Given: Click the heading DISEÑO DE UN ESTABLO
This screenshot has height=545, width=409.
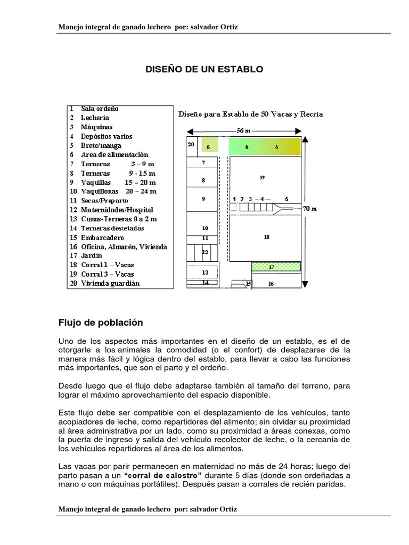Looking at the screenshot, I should click(204, 69).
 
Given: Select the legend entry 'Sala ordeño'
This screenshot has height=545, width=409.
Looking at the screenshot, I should click(100, 109).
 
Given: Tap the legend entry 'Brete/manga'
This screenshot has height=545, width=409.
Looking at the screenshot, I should click(101, 145).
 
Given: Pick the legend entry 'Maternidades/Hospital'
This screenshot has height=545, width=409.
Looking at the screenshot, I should click(117, 210).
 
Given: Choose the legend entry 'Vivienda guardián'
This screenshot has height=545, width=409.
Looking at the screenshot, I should click(110, 283).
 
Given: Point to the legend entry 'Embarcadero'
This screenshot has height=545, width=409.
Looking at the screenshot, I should click(102, 237).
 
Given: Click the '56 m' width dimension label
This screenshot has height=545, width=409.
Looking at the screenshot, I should click(244, 130).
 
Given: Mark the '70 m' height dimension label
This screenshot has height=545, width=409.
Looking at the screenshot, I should click(309, 209).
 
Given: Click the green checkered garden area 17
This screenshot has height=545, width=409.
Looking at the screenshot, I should click(276, 266).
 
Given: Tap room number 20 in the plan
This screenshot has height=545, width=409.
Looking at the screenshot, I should click(191, 144).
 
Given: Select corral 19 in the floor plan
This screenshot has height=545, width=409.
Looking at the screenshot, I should click(262, 177).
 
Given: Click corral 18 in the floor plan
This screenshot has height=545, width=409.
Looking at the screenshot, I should click(266, 237).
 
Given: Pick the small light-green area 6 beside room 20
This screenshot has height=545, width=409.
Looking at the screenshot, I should click(208, 146).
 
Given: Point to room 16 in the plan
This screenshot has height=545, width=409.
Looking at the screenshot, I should click(271, 284).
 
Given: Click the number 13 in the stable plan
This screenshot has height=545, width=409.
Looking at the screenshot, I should click(205, 272).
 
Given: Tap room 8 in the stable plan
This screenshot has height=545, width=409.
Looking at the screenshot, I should click(203, 180).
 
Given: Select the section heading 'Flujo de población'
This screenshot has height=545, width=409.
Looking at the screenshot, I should click(101, 323).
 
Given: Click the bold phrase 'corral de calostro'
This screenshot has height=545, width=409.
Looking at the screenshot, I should click(162, 475).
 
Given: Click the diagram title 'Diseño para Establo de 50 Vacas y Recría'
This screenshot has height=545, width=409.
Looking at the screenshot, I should click(250, 114).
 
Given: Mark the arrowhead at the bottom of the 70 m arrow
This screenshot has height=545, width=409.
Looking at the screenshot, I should click(304, 285).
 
